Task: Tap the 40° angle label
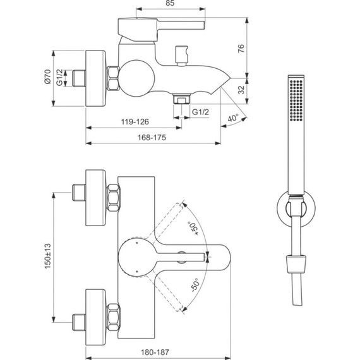click(234, 117)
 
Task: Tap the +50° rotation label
click(192, 225)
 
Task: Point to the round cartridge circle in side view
click(136, 78)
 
